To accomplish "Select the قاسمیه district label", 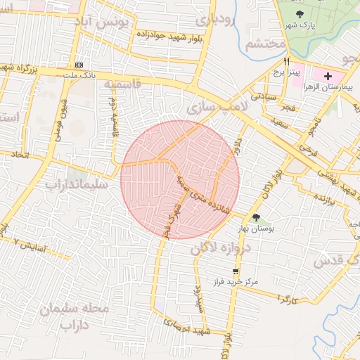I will [123, 84].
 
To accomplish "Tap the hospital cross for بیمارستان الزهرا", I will [328, 75].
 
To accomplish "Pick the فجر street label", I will [287, 108].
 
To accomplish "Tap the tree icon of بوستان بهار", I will [256, 217].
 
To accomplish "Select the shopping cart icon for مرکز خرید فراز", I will [236, 270].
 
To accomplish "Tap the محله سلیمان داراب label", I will [70, 317].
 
